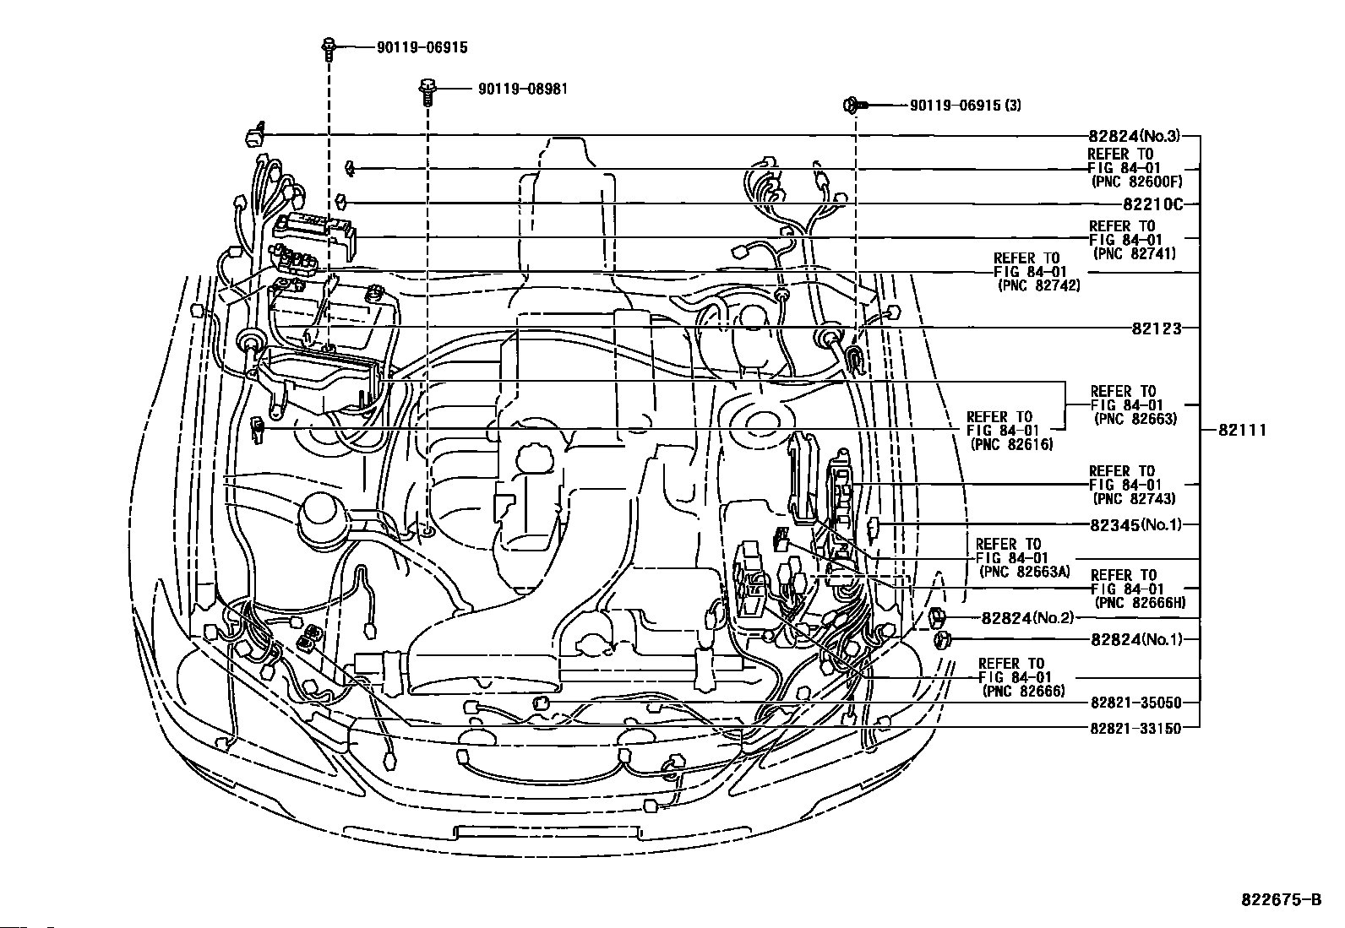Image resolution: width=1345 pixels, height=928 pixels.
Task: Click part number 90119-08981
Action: tap(522, 89)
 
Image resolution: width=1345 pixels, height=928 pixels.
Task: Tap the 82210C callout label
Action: tap(1153, 204)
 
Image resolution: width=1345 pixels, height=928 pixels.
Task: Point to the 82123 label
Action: tap(1157, 328)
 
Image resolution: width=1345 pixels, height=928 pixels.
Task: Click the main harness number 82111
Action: tap(1242, 430)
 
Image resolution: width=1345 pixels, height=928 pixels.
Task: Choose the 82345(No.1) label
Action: tap(1135, 524)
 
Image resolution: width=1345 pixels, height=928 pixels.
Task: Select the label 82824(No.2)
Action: tap(1027, 617)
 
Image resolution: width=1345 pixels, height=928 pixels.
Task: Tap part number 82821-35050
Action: tap(1136, 703)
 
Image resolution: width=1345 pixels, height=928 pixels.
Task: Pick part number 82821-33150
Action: tap(1136, 729)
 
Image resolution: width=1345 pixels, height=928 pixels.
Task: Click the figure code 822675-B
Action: tap(1282, 899)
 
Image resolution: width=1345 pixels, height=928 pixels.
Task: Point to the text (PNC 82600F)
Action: tap(1136, 182)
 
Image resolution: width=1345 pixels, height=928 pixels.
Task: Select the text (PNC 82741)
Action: tap(1135, 253)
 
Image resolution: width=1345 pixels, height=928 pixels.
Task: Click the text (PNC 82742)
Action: tap(1039, 285)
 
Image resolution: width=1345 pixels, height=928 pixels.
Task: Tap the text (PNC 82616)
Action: tap(1012, 444)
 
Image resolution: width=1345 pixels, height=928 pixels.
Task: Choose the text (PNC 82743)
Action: tap(1135, 498)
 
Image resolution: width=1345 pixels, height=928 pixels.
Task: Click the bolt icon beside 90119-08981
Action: tap(427, 92)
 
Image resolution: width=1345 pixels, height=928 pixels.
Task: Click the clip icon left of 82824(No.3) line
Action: tap(254, 135)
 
